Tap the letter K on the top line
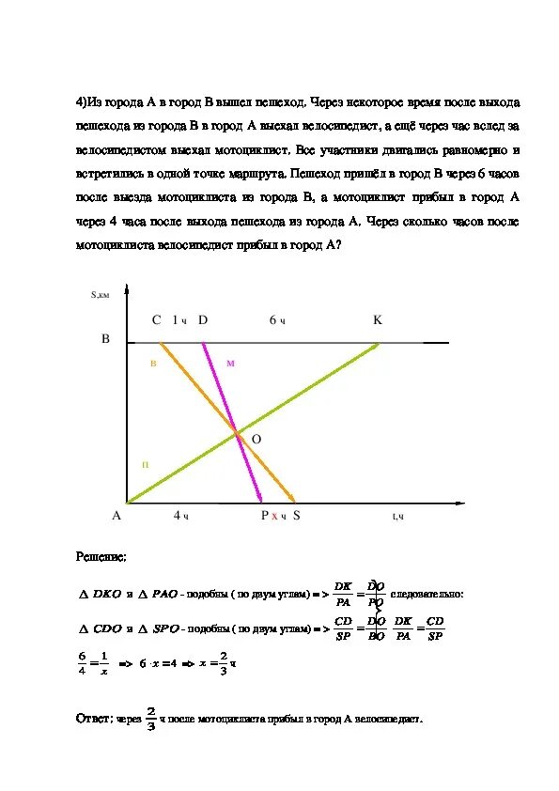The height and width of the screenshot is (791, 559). tap(378, 320)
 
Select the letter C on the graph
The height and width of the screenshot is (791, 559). tap(157, 320)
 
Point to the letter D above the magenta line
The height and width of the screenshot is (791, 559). tap(202, 320)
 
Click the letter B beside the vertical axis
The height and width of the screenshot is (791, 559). tap(106, 338)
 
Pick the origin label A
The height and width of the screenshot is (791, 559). tap(117, 516)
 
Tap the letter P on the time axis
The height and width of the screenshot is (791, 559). tap(265, 516)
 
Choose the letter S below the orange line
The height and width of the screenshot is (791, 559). tap(296, 516)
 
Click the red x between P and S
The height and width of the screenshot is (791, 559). tap(274, 517)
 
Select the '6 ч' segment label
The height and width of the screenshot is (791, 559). tap(277, 321)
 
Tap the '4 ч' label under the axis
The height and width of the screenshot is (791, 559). tap(181, 516)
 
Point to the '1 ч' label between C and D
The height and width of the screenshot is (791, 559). tap(179, 321)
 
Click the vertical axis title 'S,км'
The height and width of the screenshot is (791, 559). tap(101, 294)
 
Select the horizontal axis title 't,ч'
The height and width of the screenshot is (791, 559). tap(397, 516)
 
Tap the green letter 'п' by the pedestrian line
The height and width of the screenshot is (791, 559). tap(145, 464)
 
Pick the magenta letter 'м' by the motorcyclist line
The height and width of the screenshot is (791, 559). tap(229, 363)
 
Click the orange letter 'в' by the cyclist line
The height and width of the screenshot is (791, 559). tap(153, 362)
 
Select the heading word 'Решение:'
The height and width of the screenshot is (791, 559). tap(101, 557)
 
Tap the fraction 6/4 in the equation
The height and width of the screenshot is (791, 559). tap(82, 662)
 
